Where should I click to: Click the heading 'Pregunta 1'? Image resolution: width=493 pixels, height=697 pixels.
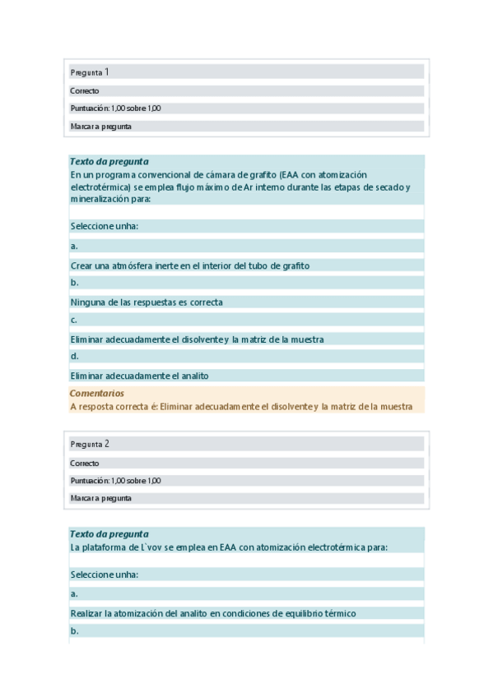click(x=90, y=72)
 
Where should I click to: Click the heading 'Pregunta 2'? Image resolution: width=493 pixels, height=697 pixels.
click(x=90, y=444)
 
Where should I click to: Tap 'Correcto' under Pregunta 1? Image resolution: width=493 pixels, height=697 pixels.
click(x=85, y=91)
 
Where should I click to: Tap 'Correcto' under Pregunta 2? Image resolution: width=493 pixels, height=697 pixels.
click(x=85, y=463)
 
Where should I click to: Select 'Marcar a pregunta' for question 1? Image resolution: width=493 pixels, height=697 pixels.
click(x=100, y=127)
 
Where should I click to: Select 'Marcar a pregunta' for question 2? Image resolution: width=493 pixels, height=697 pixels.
click(x=100, y=498)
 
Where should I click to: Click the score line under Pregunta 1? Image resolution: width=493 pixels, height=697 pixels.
click(x=115, y=108)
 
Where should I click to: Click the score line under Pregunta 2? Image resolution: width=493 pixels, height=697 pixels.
click(x=115, y=481)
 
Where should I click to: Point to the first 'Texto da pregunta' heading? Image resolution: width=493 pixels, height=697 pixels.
click(x=109, y=162)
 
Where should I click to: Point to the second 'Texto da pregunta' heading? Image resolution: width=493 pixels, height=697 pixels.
click(x=109, y=533)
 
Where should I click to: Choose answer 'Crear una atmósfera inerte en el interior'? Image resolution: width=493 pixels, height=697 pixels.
click(x=189, y=265)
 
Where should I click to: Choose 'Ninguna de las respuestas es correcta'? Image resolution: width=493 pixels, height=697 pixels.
click(x=147, y=302)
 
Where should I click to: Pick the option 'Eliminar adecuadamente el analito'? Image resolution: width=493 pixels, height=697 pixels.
click(x=139, y=376)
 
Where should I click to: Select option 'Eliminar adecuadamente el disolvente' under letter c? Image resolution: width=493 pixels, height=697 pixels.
click(x=197, y=339)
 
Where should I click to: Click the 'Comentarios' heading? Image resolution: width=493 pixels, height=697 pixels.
click(x=97, y=394)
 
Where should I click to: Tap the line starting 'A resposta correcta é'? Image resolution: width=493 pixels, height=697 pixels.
click(x=240, y=406)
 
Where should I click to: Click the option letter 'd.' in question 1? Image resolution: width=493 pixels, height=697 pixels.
click(x=74, y=357)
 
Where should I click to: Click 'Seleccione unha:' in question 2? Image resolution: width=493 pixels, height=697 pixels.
click(x=104, y=575)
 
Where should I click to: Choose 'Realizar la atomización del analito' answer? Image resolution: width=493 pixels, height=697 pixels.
click(x=212, y=613)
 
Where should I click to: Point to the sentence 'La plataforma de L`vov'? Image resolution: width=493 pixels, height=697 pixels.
click(x=229, y=547)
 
